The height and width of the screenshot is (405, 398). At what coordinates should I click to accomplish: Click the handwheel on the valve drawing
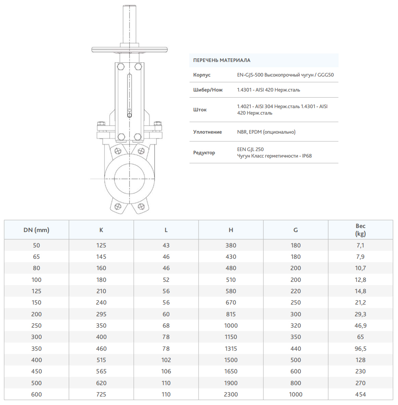(x=129, y=50)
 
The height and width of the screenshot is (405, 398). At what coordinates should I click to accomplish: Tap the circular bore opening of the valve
(x=129, y=178)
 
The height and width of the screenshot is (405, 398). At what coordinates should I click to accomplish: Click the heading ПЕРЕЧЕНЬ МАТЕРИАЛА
(x=222, y=60)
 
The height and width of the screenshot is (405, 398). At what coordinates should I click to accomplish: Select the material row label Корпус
(x=202, y=75)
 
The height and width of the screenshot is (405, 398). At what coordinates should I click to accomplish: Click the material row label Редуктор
(x=204, y=153)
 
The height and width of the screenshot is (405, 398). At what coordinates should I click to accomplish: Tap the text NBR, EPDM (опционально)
(x=266, y=132)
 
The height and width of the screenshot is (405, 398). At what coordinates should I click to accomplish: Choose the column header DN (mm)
(x=36, y=230)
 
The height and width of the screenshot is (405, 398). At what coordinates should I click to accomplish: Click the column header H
(x=231, y=230)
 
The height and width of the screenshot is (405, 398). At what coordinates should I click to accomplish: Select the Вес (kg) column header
(x=360, y=230)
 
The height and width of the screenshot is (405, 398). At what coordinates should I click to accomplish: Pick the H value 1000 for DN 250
(x=231, y=326)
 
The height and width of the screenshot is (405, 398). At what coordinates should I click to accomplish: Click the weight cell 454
(x=360, y=394)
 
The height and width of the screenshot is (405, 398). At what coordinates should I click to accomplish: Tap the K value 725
(x=101, y=394)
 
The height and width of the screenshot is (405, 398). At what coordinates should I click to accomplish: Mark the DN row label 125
(x=36, y=291)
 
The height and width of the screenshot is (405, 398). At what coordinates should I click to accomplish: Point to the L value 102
(x=166, y=360)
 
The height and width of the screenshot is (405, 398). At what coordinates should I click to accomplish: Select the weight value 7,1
(x=360, y=245)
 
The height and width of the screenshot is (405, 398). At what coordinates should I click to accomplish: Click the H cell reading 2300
(x=231, y=394)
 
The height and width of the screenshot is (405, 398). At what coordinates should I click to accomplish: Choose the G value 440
(x=295, y=349)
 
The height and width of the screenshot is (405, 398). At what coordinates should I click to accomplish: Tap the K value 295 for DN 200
(x=101, y=314)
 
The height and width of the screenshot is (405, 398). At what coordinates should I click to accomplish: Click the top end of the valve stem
(x=129, y=7)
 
